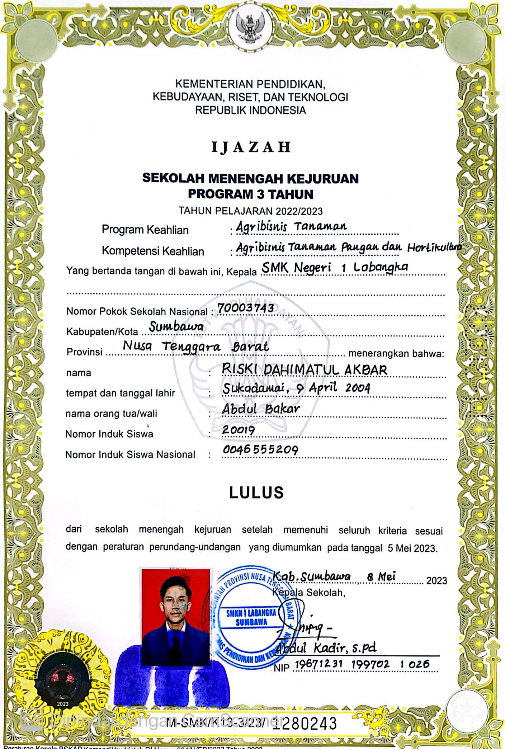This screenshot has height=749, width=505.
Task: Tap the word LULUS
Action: click(256, 493)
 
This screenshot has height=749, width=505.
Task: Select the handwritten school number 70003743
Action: click(246, 308)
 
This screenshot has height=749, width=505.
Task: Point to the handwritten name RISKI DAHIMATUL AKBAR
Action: click(305, 369)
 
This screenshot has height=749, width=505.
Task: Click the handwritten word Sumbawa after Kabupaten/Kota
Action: click(176, 327)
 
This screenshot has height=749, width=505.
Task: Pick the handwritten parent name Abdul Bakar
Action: click(261, 409)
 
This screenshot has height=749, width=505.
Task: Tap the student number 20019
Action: click(239, 430)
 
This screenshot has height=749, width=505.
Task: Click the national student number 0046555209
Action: click(260, 450)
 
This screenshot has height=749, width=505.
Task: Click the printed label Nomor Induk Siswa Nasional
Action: click(130, 455)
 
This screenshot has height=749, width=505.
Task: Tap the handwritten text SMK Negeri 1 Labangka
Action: click(335, 267)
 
